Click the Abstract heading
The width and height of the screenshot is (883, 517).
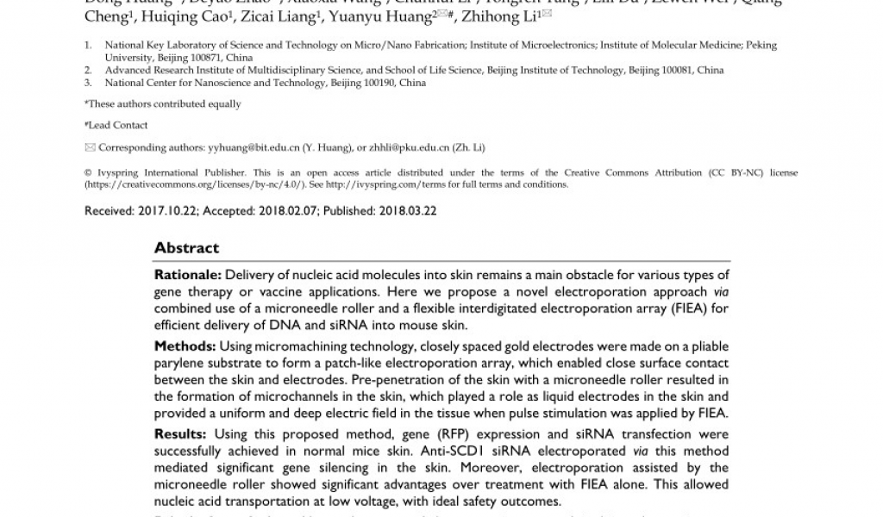(186, 248)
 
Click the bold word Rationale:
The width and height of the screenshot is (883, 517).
(187, 275)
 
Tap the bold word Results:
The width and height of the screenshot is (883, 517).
(181, 434)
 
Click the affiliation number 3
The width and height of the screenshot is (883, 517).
(87, 84)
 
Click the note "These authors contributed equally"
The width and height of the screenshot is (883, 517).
(164, 104)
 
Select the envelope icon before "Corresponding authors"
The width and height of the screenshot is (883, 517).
(90, 148)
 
